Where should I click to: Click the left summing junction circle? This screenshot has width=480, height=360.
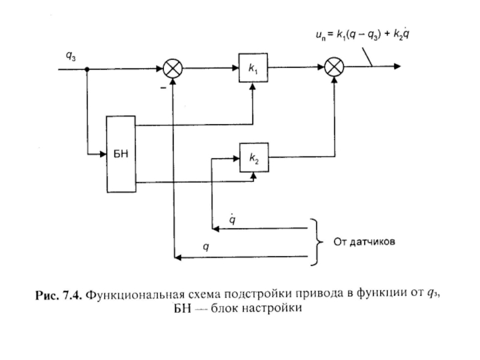coord(172,68)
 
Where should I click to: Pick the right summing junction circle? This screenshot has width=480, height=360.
coord(333,68)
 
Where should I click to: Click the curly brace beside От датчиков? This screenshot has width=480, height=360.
coord(314,242)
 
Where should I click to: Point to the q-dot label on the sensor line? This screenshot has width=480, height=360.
coord(233,220)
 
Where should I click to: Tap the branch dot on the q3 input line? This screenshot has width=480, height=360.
coord(86,68)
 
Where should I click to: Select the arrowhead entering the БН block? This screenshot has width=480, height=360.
coord(102,155)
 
